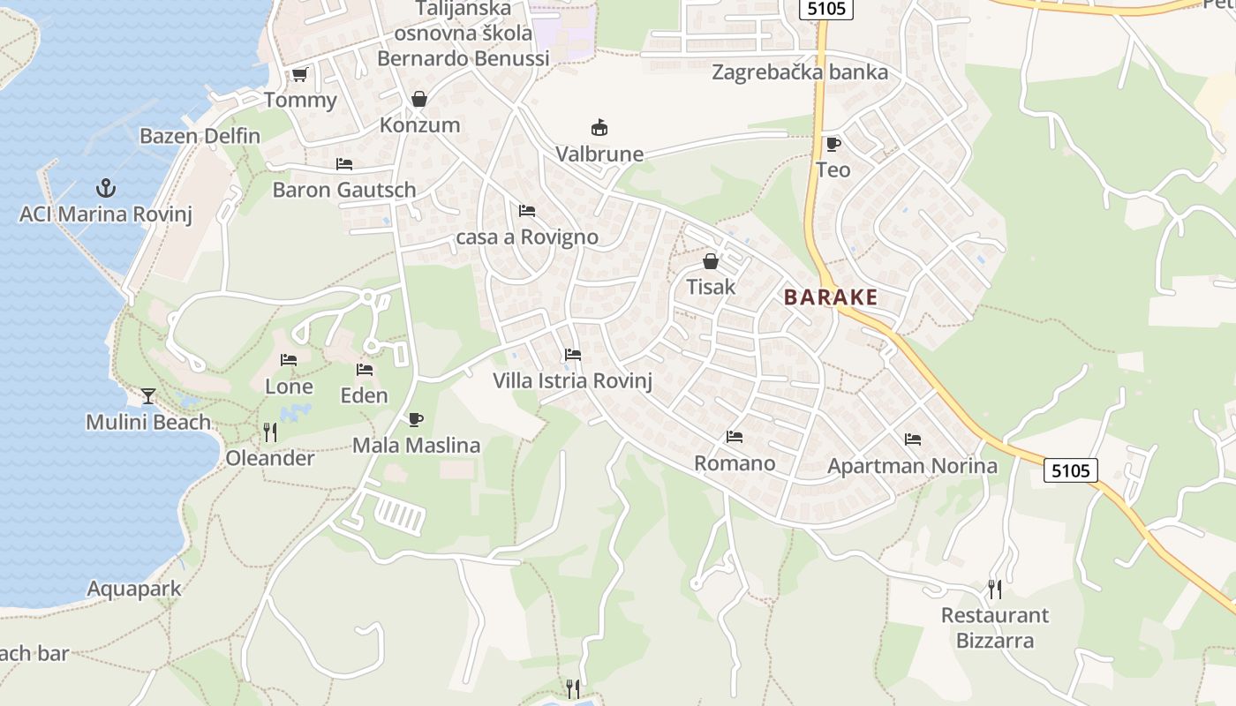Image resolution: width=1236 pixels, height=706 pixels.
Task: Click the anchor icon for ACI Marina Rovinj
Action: point(106,187)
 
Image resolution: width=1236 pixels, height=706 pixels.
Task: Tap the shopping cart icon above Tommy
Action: point(299,75)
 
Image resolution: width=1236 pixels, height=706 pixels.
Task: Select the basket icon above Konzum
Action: point(419,99)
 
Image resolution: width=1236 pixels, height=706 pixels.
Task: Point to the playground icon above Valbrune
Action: point(599,128)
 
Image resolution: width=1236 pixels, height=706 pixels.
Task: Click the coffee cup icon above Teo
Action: point(833,144)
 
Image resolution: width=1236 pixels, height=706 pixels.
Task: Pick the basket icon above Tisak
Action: point(711,261)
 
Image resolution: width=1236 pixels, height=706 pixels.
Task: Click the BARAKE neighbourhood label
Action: point(831,297)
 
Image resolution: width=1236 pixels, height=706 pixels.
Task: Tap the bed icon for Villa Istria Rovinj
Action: point(573,355)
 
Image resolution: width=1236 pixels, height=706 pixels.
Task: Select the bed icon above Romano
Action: point(734,437)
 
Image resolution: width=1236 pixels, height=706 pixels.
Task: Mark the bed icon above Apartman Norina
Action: point(912,439)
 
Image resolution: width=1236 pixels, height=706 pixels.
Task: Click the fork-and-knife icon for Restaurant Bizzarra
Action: point(994,589)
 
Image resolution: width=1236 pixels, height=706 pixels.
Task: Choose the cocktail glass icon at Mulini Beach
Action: point(148,395)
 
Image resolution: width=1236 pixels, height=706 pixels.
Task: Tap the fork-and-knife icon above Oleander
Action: point(270,432)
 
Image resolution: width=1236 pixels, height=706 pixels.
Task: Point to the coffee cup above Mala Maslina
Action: point(416,419)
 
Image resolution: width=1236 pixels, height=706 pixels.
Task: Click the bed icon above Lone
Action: point(289,360)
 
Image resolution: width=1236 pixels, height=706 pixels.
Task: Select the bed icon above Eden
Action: point(365,369)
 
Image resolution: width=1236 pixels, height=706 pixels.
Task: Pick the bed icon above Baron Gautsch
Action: point(344,164)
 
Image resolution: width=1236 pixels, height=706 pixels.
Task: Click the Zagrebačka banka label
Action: point(800,72)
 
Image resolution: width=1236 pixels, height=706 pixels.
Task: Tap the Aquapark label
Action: point(134,589)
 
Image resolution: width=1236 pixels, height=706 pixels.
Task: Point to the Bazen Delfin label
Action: point(200,136)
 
